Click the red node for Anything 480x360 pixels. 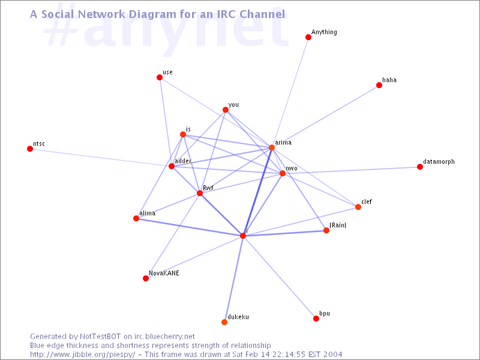[308, 37]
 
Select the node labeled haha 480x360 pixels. [379, 85]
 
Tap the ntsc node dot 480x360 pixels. [30, 149]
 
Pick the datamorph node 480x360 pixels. [419, 167]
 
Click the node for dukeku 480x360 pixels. [224, 322]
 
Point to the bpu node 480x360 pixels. [316, 319]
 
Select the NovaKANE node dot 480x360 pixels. [146, 278]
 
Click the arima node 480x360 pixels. [272, 148]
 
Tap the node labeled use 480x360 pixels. [160, 77]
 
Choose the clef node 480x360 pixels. [358, 207]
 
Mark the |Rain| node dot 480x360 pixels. [326, 230]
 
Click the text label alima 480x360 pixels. [147, 213]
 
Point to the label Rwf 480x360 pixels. [208, 188]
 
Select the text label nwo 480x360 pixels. [292, 169]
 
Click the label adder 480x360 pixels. [183, 161]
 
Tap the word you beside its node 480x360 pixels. [233, 104]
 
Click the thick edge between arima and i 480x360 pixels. [257, 191]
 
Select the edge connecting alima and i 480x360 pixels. [190, 227]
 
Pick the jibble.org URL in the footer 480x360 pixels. [83, 355]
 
